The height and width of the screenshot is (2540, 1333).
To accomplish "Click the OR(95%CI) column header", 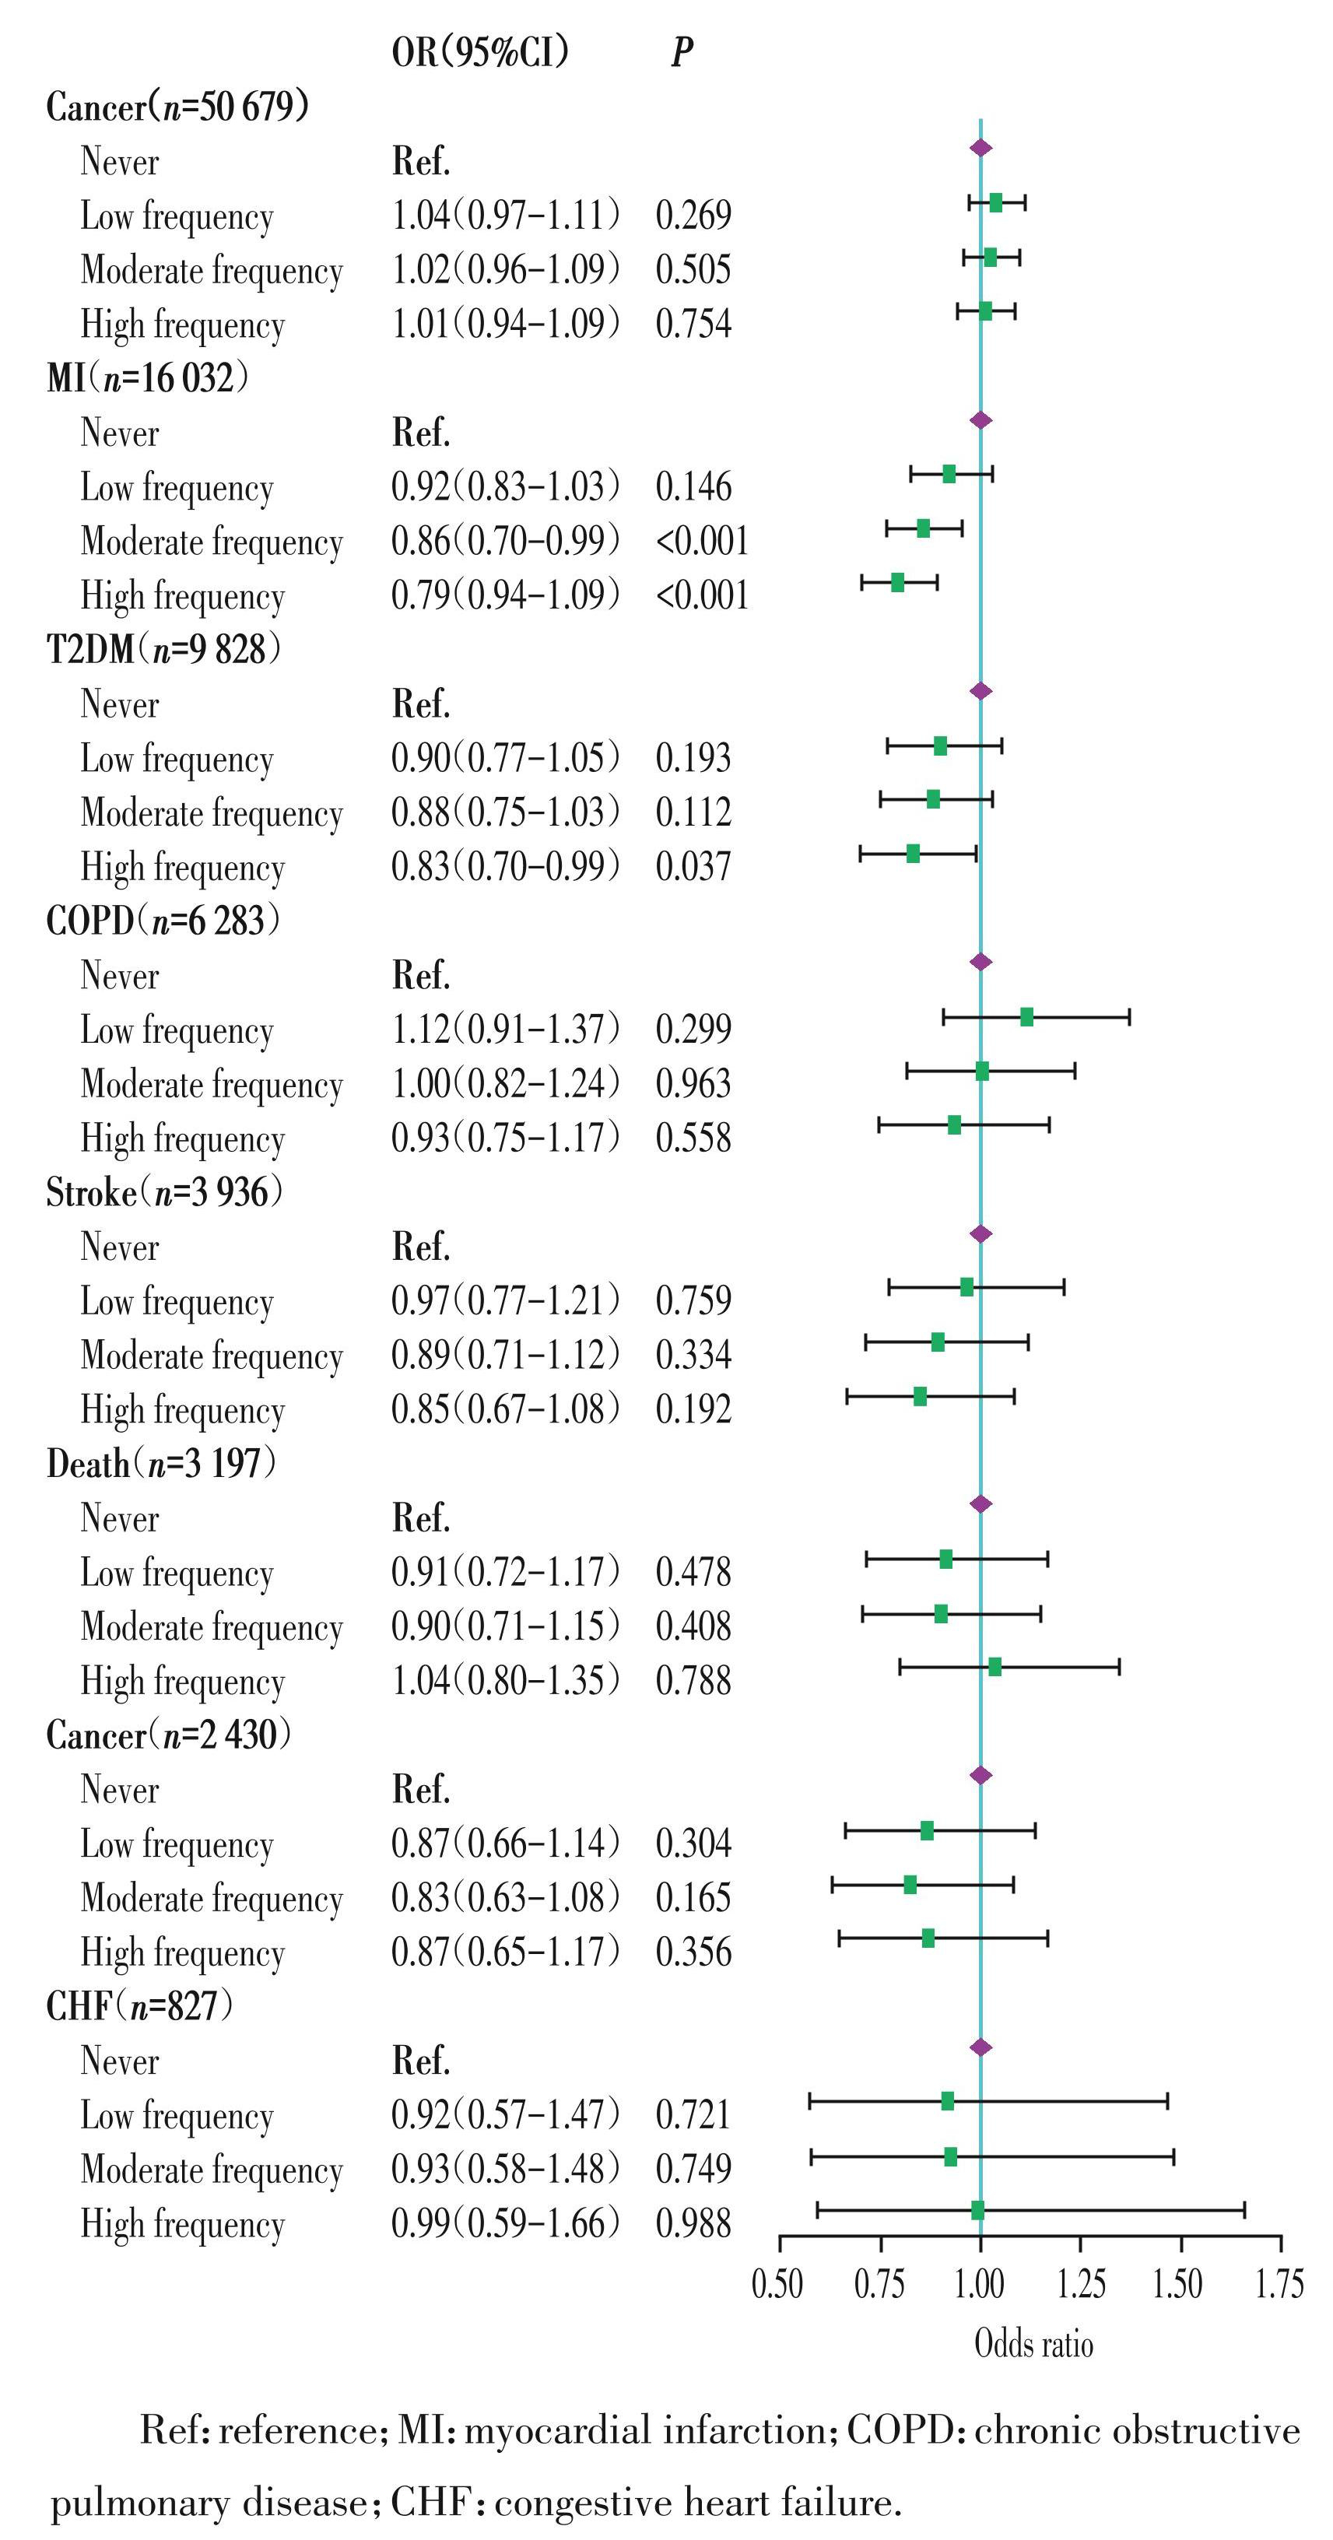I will coord(479,51).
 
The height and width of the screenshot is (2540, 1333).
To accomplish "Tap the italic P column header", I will coord(682,52).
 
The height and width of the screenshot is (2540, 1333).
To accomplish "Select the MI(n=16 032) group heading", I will coord(147,377).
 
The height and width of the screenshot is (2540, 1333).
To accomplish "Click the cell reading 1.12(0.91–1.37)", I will coord(505,1030).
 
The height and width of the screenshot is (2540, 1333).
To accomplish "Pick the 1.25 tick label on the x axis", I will coord(1082,2285).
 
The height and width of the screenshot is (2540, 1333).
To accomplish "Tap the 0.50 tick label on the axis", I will coord(779,2285).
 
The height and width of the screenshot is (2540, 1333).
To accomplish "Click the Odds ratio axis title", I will coord(1033,2344).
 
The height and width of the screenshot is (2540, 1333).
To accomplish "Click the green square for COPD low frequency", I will coord(1026,1016).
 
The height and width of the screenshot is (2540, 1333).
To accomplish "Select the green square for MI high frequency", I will coord(897,582).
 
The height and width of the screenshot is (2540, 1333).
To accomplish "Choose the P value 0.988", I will coord(693,2223).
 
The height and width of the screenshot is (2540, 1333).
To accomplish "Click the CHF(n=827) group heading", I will coord(139,2005).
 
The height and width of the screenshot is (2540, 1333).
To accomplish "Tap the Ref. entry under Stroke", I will coord(421,1247).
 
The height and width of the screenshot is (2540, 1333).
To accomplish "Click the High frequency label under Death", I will coord(182,1681).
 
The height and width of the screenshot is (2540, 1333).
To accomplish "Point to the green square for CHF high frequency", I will coord(977,2211).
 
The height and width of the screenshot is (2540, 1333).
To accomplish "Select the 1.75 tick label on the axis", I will coord(1279,2285).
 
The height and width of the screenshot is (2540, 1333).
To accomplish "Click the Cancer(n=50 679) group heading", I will coord(177,106).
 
